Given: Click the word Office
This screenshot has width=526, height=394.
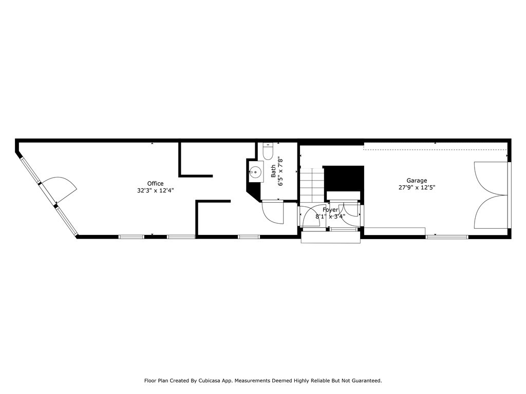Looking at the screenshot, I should point(155,184).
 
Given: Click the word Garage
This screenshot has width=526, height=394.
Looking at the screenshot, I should point(417,181).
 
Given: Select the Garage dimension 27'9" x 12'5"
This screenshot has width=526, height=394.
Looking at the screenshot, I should point(417,187).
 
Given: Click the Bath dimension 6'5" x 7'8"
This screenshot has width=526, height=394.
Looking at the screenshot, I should point(280,171).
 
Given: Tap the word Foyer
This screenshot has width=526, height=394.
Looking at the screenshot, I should point(330,210).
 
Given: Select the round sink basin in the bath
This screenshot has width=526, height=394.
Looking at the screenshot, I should point(255,172).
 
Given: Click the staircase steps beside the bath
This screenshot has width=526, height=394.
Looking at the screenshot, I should point(312,185).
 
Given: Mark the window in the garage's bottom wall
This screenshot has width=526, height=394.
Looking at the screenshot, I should point(447,237).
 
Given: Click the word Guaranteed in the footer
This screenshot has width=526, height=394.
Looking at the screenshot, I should point(365,381).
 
